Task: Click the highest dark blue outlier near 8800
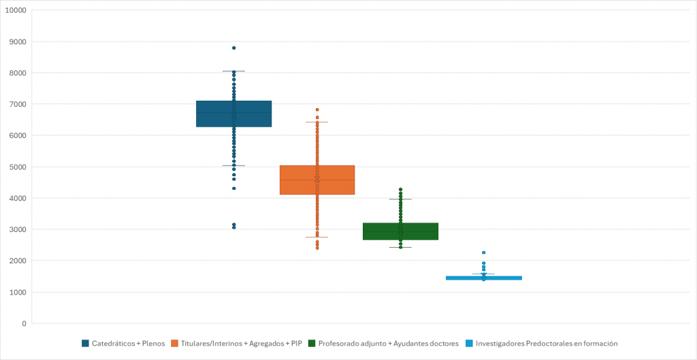(233, 48)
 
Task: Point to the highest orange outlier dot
(317, 110)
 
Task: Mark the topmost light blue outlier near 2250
(483, 252)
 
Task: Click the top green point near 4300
(400, 190)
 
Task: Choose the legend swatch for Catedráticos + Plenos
(86, 344)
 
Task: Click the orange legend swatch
(175, 344)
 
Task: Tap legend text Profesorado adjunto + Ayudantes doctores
(388, 344)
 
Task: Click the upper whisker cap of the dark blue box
(233, 71)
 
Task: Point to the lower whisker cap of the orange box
(317, 238)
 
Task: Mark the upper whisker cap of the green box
(400, 199)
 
